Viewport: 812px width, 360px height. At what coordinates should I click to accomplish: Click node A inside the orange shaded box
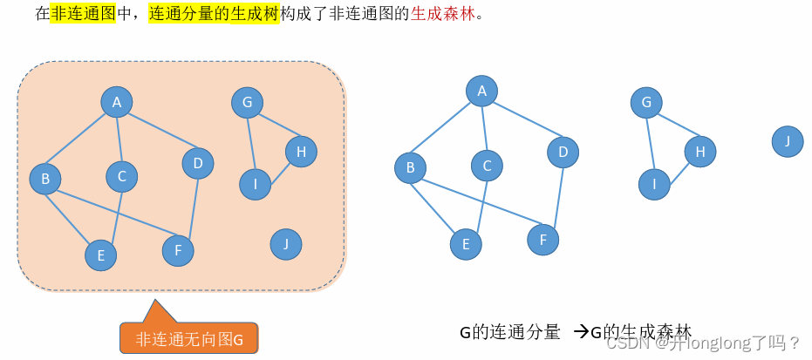click(x=116, y=102)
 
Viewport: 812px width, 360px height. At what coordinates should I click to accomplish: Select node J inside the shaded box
click(x=286, y=244)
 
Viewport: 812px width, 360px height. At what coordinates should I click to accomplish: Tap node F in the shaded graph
click(x=178, y=251)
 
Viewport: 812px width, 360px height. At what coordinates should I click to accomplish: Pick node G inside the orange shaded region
click(x=248, y=103)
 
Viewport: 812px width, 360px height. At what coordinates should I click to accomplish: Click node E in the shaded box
click(x=101, y=255)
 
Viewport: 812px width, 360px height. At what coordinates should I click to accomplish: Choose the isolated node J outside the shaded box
click(x=788, y=140)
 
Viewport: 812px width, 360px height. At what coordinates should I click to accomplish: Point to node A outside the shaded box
click(x=481, y=90)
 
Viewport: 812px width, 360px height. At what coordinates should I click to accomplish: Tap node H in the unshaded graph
click(x=699, y=151)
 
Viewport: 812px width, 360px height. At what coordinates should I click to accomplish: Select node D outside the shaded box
click(x=563, y=153)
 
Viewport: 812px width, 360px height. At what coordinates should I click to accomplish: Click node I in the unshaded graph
click(x=654, y=183)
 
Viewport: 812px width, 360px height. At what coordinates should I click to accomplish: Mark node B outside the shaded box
click(x=410, y=167)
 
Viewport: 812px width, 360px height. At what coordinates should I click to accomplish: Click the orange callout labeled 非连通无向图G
click(x=188, y=339)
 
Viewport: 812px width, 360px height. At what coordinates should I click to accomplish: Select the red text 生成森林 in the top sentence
click(x=450, y=15)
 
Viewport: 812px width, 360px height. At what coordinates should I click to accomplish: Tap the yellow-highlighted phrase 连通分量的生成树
click(x=215, y=15)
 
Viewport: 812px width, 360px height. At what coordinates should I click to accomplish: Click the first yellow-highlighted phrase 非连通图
click(x=84, y=15)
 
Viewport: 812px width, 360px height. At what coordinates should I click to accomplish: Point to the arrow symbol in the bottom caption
click(x=581, y=332)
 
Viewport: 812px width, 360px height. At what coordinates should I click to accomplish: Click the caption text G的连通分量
click(x=509, y=332)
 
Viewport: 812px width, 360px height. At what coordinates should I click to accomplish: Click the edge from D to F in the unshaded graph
click(x=553, y=197)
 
